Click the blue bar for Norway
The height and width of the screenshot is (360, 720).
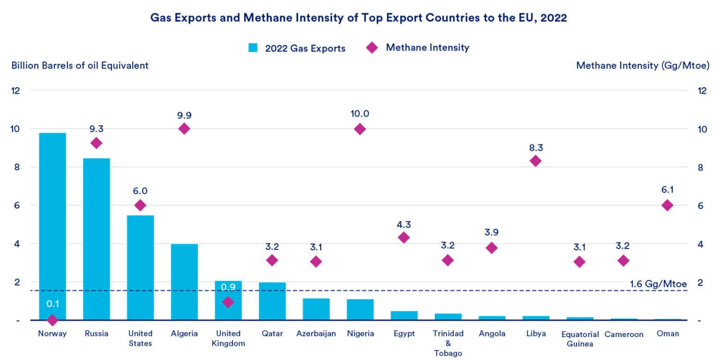point(52,225)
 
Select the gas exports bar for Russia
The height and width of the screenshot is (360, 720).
point(97,239)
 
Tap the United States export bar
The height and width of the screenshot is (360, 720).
point(140,267)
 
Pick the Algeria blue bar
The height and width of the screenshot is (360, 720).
point(184,281)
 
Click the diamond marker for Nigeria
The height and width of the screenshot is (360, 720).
point(360,129)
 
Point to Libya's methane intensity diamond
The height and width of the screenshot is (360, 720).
point(535,161)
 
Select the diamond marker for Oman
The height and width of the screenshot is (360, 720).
point(667,205)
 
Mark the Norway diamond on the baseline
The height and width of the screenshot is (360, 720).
point(52,320)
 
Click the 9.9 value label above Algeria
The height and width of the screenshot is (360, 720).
point(184,115)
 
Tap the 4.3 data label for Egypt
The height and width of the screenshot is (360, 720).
point(404,224)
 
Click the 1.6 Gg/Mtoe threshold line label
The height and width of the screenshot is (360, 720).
point(658,284)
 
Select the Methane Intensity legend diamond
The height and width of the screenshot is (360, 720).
point(372,48)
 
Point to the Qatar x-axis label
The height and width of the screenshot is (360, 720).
point(272,334)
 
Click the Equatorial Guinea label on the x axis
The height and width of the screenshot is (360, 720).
point(579,339)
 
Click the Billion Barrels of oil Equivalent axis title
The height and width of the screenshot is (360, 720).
point(80,66)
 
